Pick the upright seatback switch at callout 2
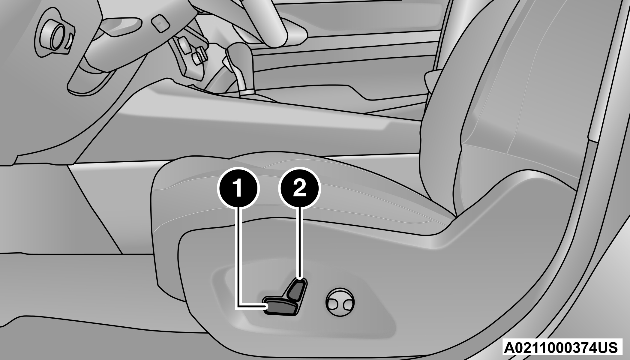pyautogui.click(x=297, y=291)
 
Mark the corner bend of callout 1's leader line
pyautogui.click(x=239, y=306)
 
